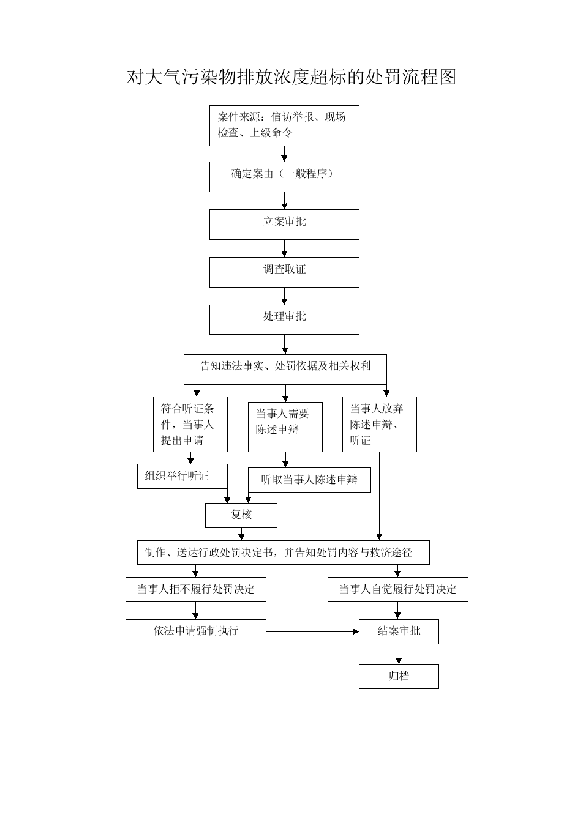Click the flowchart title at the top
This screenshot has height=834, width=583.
291,77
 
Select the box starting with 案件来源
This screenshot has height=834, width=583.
284,125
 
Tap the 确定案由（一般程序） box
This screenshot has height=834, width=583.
284,177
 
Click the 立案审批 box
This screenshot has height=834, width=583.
284,225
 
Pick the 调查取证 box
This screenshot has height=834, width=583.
284,272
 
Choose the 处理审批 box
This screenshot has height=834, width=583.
284,319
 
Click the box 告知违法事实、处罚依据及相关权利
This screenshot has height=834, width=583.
285,370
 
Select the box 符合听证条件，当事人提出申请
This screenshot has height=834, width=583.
190,424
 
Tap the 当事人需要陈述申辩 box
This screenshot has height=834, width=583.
285,427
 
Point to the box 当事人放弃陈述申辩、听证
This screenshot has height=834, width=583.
380,424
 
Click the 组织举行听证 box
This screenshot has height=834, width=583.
182,476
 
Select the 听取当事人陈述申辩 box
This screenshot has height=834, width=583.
309,480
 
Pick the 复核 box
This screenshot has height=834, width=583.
241,515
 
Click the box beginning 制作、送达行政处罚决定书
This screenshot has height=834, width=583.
283,553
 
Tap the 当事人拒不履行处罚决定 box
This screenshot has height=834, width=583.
195,589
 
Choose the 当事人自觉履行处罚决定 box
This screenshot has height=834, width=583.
398,589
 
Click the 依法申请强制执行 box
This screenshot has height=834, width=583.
195,632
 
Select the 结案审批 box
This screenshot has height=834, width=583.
399,632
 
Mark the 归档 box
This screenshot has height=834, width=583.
399,676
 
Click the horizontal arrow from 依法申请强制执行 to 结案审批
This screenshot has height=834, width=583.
312,631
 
